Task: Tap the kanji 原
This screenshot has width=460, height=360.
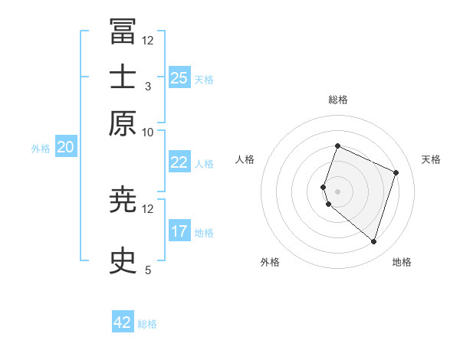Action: coord(123,123)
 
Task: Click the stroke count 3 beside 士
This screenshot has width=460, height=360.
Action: coord(148,87)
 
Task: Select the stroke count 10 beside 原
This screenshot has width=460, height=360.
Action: coord(148,133)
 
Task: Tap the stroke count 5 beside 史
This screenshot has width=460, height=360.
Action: coord(148,270)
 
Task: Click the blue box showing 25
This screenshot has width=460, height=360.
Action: coord(179,78)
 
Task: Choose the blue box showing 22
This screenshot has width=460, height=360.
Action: coord(179,162)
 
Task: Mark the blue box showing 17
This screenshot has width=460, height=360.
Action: coord(179,231)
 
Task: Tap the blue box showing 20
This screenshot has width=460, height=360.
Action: coord(65,147)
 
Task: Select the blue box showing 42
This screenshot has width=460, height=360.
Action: coord(123,322)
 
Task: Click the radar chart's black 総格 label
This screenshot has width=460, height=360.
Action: coord(337,100)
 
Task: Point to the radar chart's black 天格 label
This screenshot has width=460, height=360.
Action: coord(431,159)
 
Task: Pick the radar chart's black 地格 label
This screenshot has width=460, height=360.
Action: coord(402,262)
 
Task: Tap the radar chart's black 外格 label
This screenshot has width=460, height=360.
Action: coord(270,262)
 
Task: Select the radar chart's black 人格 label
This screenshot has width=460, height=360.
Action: coord(245,159)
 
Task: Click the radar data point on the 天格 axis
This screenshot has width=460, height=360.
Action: coord(396,172)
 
